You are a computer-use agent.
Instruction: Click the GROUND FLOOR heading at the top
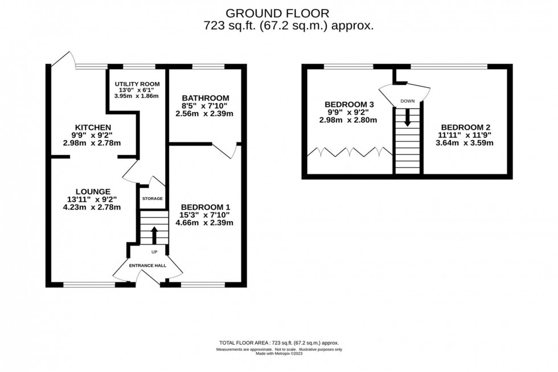point(278,13)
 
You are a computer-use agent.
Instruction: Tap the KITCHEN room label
point(92,127)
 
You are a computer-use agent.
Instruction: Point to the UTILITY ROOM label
point(134,84)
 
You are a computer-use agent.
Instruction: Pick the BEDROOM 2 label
point(465,127)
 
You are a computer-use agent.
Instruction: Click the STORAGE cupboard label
point(152,198)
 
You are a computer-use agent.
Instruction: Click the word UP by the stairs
point(154,251)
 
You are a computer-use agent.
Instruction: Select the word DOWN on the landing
point(407,101)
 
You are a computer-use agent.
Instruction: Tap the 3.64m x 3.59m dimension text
point(465,143)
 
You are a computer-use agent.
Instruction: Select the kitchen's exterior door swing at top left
point(63,60)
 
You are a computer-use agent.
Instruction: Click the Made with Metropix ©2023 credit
point(278,353)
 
